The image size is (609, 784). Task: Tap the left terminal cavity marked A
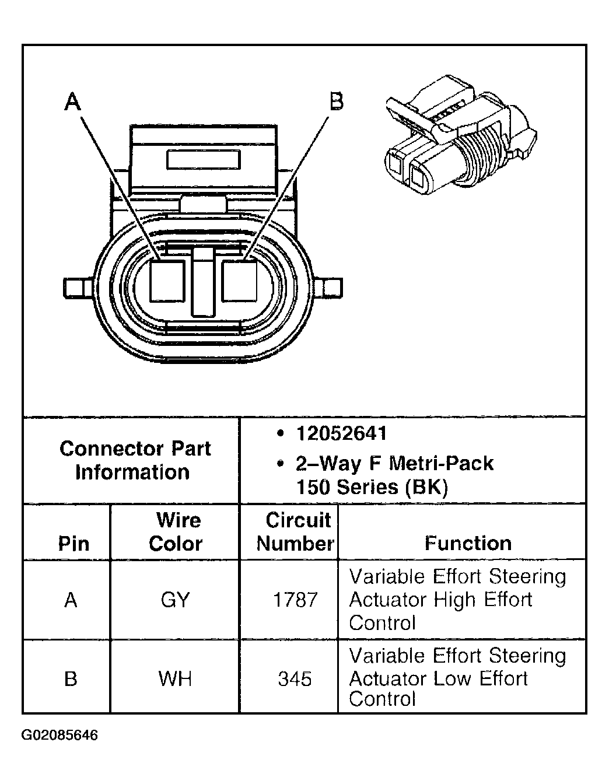click(x=168, y=280)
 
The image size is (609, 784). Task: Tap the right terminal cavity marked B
click(x=239, y=280)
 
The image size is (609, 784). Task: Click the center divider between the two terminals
click(x=203, y=281)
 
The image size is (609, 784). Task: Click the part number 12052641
click(x=341, y=433)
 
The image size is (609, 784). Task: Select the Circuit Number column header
click(x=296, y=531)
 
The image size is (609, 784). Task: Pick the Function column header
click(x=468, y=543)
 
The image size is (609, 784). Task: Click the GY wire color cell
click(x=175, y=600)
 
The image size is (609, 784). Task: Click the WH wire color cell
click(x=175, y=678)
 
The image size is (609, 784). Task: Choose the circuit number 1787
click(x=295, y=600)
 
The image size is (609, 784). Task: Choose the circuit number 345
click(x=295, y=678)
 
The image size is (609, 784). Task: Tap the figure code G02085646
click(x=60, y=734)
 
